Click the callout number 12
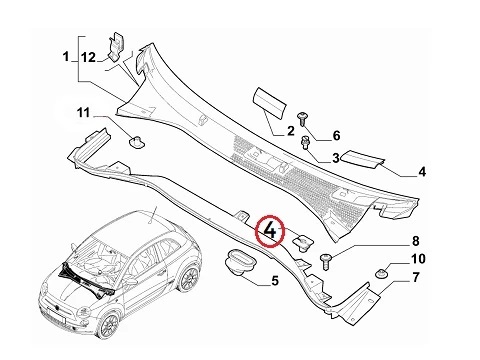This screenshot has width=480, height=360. click(x=88, y=57)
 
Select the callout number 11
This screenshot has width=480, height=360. click(x=83, y=113)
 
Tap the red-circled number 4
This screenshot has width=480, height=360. click(x=270, y=231)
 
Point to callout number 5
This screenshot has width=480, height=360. click(x=275, y=281)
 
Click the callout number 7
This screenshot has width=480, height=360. click(x=416, y=277)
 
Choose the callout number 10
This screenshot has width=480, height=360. click(x=418, y=259)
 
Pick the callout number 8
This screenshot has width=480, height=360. click(x=416, y=241)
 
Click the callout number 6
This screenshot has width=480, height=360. click(x=336, y=135)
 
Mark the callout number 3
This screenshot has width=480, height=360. click(x=336, y=158)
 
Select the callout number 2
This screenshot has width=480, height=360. click(x=291, y=131)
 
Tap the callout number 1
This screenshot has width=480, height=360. click(x=66, y=56)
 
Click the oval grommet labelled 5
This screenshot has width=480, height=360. click(x=240, y=263)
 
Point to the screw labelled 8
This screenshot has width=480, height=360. click(x=326, y=261)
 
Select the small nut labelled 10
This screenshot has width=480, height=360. click(x=381, y=273)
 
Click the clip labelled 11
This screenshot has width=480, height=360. click(x=137, y=142)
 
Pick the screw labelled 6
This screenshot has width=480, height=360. click(x=302, y=119)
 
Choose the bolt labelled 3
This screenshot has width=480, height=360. click(x=305, y=142)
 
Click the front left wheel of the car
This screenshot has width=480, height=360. click(x=110, y=325)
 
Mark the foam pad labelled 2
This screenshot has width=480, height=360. click(x=269, y=102)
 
